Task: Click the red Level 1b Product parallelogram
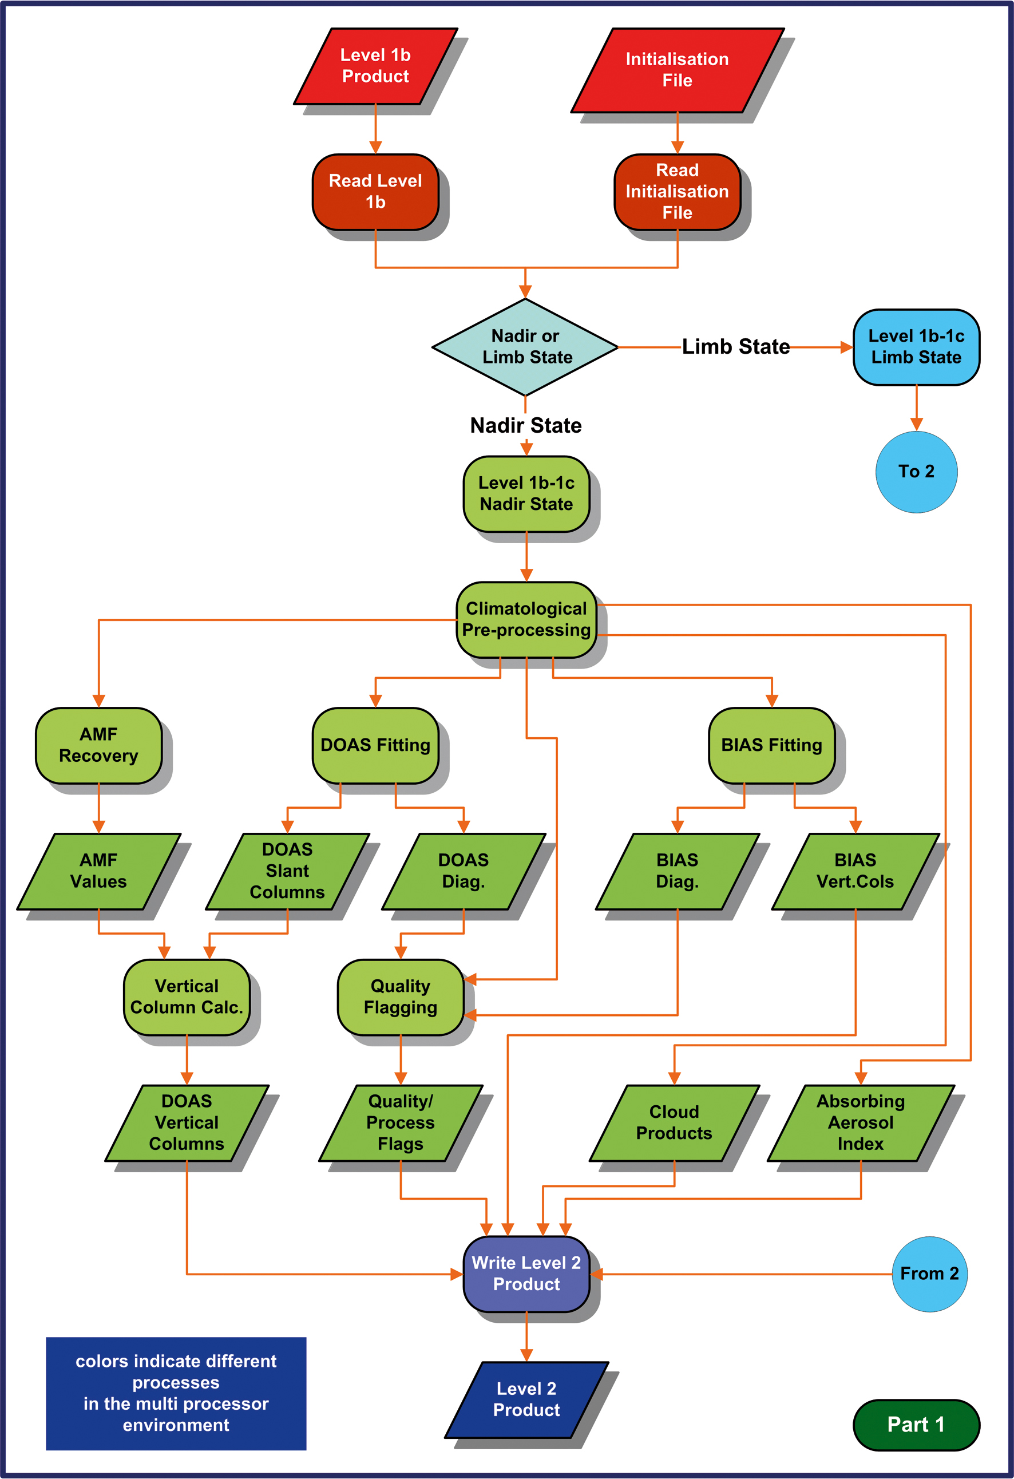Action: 375,66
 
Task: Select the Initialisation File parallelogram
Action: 677,70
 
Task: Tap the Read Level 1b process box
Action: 375,192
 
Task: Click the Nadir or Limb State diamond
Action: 525,347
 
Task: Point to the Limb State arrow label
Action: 735,347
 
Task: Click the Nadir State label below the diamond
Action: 525,425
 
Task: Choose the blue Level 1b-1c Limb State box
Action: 916,347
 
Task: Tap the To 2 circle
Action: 916,472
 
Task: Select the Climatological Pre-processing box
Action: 526,619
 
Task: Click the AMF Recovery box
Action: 98,745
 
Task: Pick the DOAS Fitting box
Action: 375,745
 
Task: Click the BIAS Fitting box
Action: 771,745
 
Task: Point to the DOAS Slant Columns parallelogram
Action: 287,871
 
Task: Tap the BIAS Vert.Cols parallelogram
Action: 855,871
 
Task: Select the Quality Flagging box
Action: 400,996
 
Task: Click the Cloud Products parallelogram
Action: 674,1122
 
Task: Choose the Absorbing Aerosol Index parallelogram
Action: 861,1122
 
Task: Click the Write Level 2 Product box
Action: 526,1274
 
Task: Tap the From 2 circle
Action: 929,1274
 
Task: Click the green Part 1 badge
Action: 916,1425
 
